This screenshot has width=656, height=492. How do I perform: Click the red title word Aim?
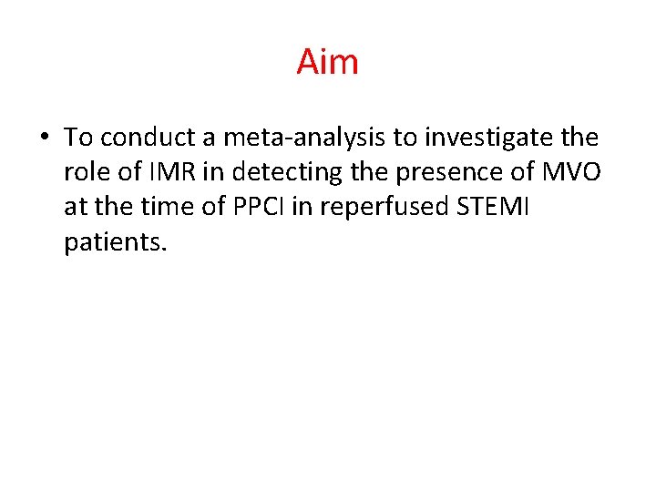coord(327,62)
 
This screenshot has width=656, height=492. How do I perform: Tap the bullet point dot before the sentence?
coord(44,138)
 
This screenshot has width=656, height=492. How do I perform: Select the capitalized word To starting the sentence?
coord(79,138)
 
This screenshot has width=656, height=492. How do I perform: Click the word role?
coord(88,173)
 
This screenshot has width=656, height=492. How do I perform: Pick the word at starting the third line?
coord(76,209)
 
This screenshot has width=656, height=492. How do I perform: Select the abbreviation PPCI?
coord(257,209)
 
